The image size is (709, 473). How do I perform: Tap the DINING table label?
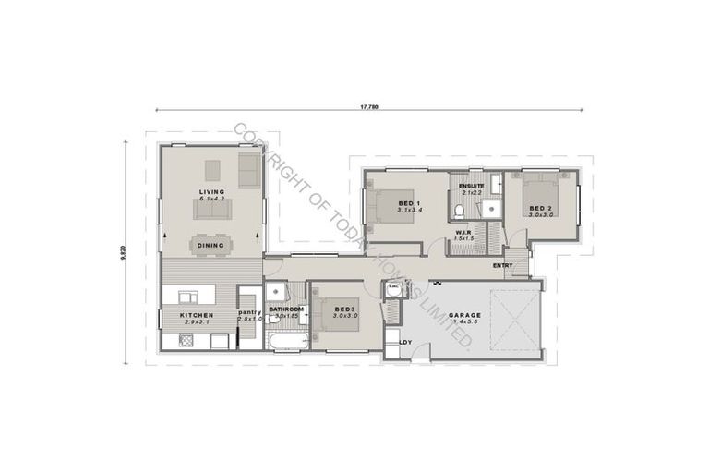coord(210,246)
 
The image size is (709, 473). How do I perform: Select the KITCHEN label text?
coord(198,315)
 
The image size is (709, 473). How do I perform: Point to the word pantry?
coord(250,312)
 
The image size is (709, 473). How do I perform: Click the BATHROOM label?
coord(287,309)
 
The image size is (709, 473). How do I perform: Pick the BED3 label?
coord(345,309)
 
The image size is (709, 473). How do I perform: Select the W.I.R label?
coord(463,233)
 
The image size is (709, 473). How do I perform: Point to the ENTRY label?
coord(503,266)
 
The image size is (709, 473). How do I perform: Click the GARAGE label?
coord(463,315)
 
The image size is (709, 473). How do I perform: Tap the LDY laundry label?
coord(405,343)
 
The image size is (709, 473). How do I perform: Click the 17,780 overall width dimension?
coord(368,107)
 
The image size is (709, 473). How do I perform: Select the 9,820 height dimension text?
coord(123,252)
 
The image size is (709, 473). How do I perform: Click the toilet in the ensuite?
coord(461,212)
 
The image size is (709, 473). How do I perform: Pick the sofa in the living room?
coord(212,210)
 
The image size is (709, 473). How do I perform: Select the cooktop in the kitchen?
coord(182,341)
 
